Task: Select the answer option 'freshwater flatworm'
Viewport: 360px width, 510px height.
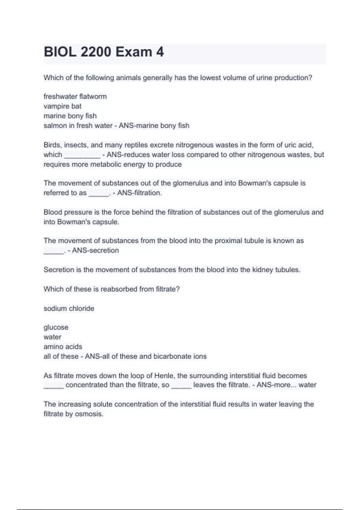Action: (75, 97)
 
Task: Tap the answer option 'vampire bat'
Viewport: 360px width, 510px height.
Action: (62, 106)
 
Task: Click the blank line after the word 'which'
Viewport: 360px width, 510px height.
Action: (82, 155)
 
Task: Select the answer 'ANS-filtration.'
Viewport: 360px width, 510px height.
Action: (139, 193)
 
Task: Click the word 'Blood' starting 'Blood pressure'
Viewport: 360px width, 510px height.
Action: (52, 212)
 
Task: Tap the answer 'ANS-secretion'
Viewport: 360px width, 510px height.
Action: (95, 250)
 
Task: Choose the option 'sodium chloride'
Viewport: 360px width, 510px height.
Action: (69, 308)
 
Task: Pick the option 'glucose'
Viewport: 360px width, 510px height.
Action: (56, 327)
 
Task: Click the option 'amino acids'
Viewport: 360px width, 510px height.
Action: (63, 346)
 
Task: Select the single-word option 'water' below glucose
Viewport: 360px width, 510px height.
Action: (52, 337)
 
